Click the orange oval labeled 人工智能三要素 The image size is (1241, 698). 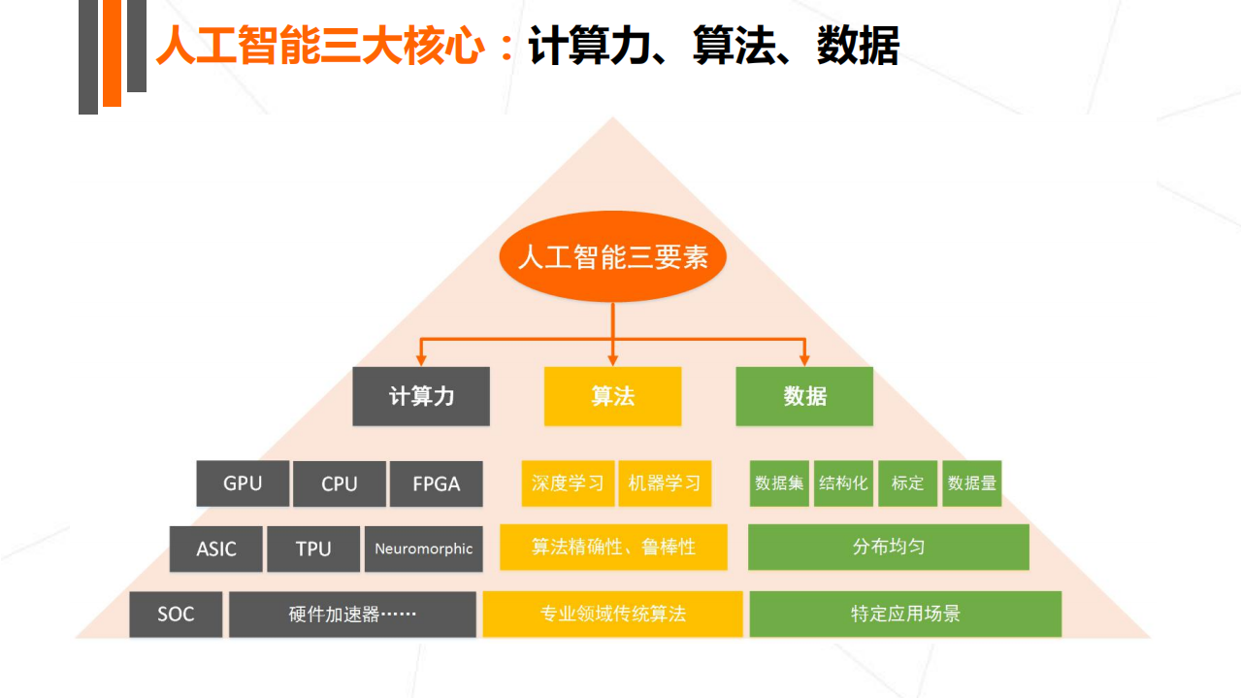click(x=612, y=257)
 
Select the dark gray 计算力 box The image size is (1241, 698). click(x=421, y=396)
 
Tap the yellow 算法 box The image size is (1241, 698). click(x=612, y=396)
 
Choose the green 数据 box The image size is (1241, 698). click(x=804, y=396)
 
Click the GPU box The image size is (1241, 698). click(x=243, y=483)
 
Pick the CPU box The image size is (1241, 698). click(x=340, y=483)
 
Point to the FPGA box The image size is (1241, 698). click(x=436, y=483)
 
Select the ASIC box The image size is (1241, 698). click(x=216, y=548)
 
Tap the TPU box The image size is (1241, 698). click(x=313, y=548)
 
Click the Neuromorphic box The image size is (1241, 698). click(x=424, y=548)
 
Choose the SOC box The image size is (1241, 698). click(x=176, y=615)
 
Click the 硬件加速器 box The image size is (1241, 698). click(x=352, y=615)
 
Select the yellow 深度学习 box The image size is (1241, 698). click(x=568, y=483)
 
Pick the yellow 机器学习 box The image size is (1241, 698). click(x=665, y=483)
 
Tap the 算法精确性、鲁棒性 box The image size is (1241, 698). click(x=613, y=548)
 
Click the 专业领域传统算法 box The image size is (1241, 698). click(x=613, y=615)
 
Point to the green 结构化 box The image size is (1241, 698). click(x=843, y=483)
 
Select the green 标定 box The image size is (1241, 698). click(x=907, y=483)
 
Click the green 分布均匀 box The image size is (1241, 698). click(x=888, y=548)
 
